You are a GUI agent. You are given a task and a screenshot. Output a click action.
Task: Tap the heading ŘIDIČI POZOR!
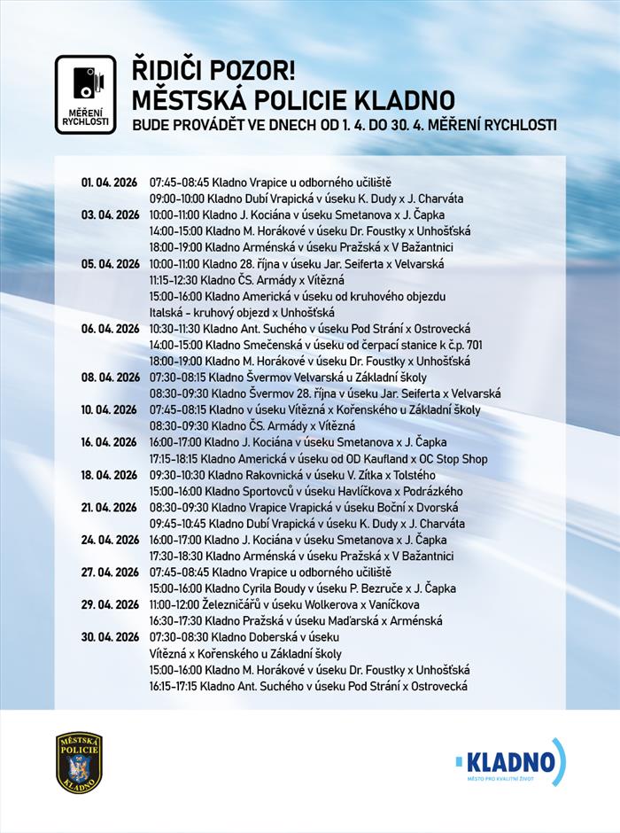point(213,69)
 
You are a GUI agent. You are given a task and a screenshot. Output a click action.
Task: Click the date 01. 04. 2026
point(111,183)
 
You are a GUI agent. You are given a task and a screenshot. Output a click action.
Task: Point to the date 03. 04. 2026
point(111,215)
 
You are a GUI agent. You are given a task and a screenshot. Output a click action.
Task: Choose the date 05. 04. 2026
point(111,264)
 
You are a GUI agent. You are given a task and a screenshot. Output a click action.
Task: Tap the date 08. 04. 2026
point(111,378)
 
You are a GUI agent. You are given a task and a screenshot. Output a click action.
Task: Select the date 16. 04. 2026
point(111,442)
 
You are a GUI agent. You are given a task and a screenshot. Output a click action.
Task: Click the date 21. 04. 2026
point(111,508)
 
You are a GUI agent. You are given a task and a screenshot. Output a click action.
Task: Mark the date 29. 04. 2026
point(111,605)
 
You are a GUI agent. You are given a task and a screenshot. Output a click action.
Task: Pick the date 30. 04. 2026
point(111,638)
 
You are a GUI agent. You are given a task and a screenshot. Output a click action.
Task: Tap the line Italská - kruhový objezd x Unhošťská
point(242,313)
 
